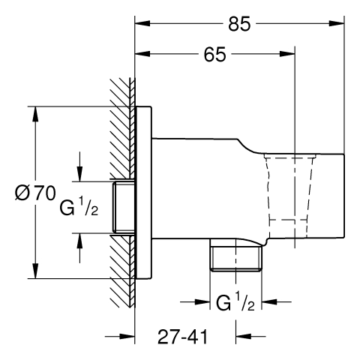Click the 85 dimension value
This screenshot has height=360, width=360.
239,24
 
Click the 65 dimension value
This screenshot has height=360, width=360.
214,55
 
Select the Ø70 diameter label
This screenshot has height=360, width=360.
35,193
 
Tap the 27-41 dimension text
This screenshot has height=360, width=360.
182,337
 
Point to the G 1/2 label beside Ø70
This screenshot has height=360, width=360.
79,206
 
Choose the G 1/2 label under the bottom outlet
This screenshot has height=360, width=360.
235,302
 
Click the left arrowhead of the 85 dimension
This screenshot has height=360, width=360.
142,23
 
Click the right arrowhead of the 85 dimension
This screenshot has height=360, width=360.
337,23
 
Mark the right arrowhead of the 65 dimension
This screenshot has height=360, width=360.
287,54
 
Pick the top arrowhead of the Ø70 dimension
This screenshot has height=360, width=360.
36,114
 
